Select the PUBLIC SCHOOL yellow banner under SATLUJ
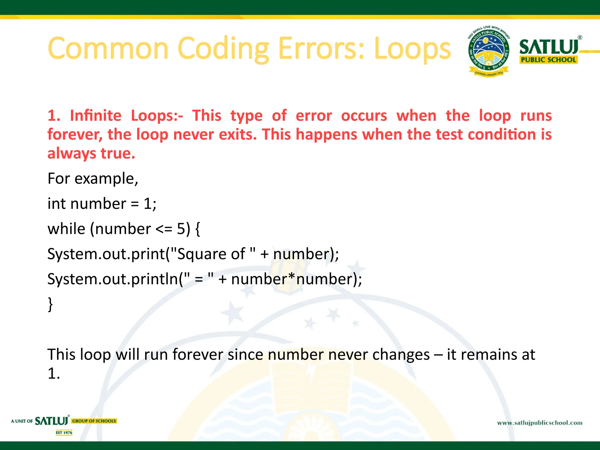548,60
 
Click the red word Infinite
96,115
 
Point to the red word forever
75,134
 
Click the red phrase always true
91,153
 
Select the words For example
92,178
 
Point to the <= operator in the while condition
164,229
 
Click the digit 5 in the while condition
181,229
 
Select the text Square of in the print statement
211,254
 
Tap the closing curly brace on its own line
50,304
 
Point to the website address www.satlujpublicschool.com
540,423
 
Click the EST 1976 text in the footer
64,433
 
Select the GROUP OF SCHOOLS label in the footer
94,421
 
